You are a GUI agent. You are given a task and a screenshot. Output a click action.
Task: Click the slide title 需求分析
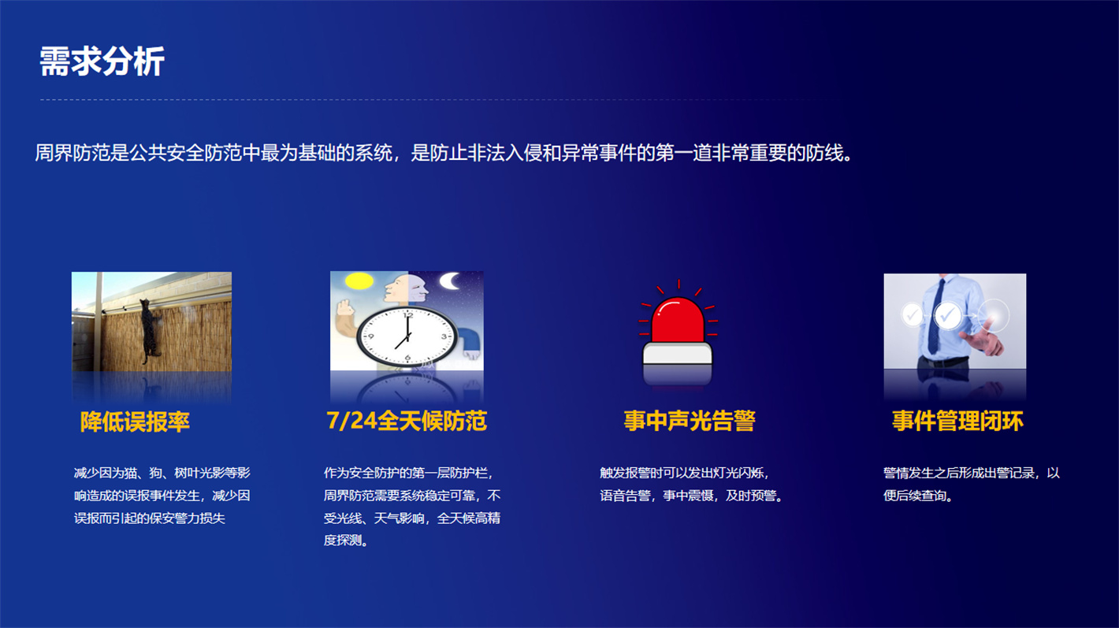(x=102, y=61)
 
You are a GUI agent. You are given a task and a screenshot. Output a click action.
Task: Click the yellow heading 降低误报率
(x=135, y=422)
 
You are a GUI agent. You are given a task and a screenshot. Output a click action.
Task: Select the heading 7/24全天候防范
(x=406, y=421)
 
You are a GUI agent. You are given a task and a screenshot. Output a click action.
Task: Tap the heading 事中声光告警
(x=690, y=421)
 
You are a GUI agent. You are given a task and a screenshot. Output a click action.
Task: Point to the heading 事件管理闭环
(x=957, y=421)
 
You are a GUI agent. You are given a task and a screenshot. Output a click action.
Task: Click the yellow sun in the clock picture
(x=359, y=281)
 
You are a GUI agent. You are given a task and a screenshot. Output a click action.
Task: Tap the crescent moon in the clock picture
(x=451, y=281)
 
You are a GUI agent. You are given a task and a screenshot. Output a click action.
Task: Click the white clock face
(x=407, y=336)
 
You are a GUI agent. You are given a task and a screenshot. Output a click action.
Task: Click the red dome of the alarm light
(x=678, y=321)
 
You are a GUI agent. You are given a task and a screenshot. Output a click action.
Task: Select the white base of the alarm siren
(x=678, y=354)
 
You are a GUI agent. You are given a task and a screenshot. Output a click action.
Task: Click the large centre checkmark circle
(x=948, y=316)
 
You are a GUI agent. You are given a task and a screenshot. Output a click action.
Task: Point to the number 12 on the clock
(x=408, y=315)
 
